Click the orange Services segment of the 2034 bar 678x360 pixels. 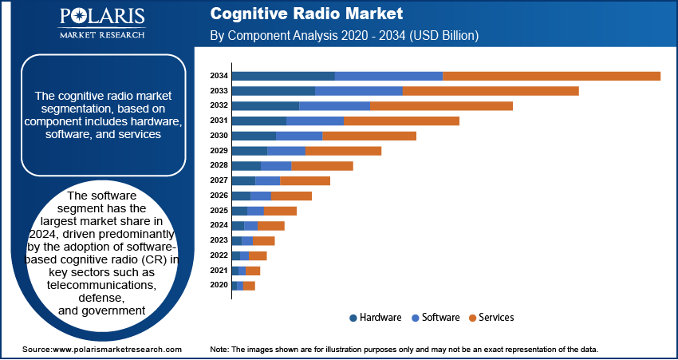(x=551, y=76)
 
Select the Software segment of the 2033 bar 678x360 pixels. (x=359, y=91)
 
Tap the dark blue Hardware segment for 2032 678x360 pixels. (x=265, y=106)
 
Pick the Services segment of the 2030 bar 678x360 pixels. (x=369, y=136)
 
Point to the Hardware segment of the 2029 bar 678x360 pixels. (x=249, y=151)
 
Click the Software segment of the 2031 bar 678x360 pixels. (x=315, y=121)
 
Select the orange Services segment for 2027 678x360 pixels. (x=305, y=181)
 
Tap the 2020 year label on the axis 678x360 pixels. (x=219, y=286)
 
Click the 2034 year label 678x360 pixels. (x=219, y=76)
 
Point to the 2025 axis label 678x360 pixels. (x=219, y=211)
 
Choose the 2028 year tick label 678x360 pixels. (x=219, y=166)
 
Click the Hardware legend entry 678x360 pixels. (x=375, y=318)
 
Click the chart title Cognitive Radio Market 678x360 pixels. (x=306, y=14)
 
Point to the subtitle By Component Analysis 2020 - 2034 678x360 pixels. (x=344, y=36)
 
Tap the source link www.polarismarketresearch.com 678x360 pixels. (x=116, y=350)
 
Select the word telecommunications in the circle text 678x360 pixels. (x=101, y=285)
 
